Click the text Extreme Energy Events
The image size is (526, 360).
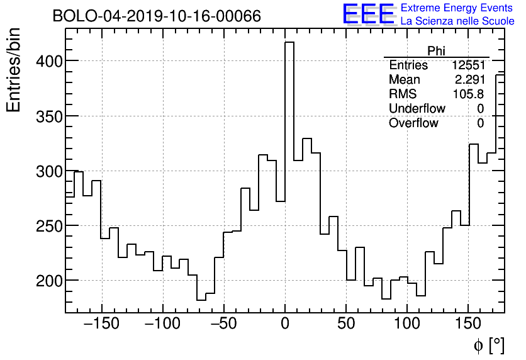[x=457, y=8]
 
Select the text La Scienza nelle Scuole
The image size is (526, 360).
[x=457, y=21]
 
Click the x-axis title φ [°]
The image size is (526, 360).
[x=489, y=345]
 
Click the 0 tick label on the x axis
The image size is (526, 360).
[x=285, y=324]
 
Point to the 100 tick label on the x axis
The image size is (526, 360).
[x=406, y=324]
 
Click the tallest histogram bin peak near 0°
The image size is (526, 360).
[x=289, y=43]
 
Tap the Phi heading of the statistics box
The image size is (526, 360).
[x=436, y=51]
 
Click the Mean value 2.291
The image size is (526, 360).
[x=469, y=80]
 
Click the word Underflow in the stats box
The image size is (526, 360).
[x=417, y=109]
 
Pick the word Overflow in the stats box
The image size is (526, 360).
[x=413, y=123]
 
